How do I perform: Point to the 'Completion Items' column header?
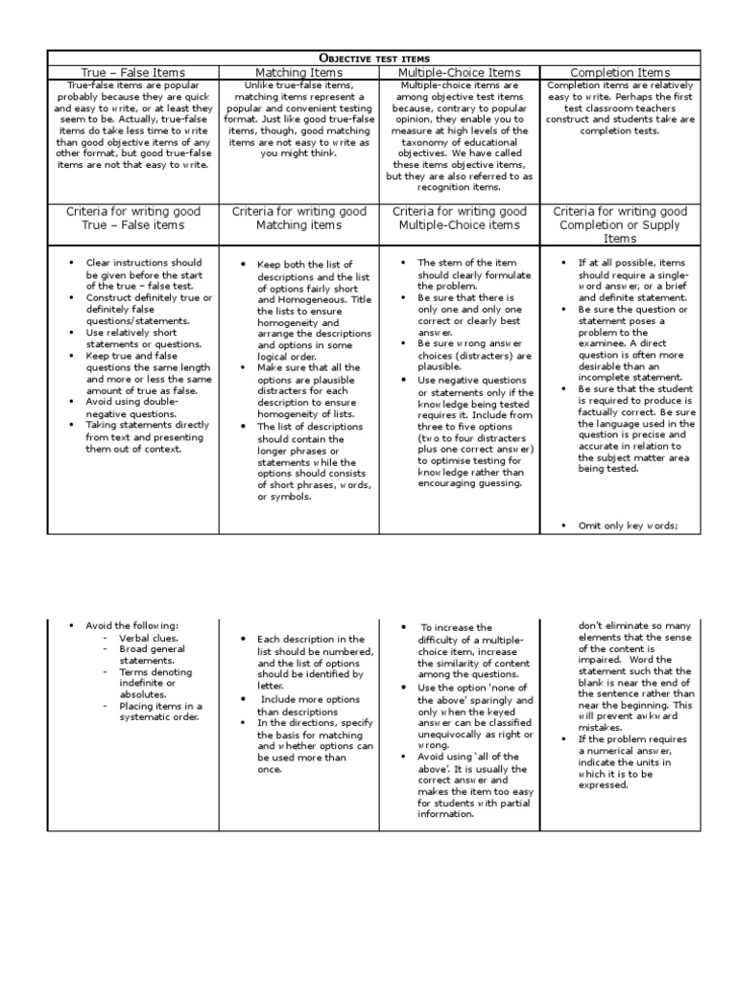click(x=620, y=72)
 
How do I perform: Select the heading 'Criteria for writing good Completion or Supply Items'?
click(x=620, y=224)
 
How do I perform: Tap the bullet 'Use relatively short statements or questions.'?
click(x=137, y=338)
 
